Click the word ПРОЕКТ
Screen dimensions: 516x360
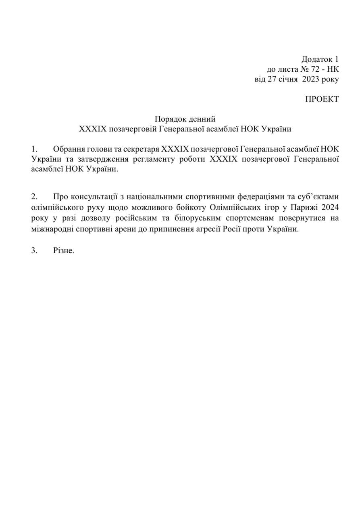pos(322,99)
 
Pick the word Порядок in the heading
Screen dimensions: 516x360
pos(169,119)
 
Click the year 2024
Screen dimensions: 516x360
pos(329,208)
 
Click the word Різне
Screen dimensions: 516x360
pos(64,251)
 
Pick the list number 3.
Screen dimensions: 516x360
pos(34,251)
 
